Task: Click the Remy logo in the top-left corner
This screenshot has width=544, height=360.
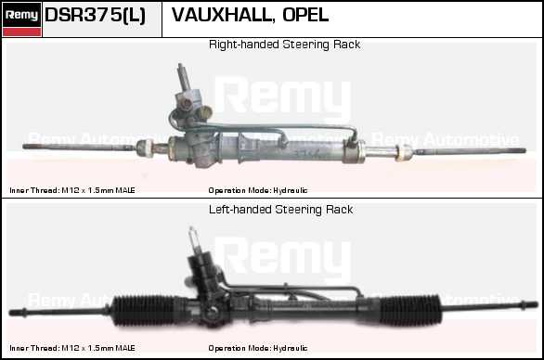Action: [21, 19]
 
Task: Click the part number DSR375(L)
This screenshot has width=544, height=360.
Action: [95, 15]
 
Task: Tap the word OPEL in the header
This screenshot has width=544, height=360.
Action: [305, 15]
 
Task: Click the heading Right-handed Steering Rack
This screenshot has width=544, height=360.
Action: [284, 45]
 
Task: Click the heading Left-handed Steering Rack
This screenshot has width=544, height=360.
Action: [280, 210]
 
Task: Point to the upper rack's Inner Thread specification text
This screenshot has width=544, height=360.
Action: [72, 190]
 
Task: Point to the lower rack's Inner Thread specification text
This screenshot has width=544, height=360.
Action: [72, 348]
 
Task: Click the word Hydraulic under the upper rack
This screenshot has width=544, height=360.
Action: [290, 190]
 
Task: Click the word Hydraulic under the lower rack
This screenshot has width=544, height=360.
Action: [290, 348]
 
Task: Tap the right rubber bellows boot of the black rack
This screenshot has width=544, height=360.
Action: [410, 310]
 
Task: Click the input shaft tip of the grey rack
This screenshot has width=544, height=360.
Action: [180, 66]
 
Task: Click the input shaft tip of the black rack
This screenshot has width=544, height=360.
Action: [191, 229]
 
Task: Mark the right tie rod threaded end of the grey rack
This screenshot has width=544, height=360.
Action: [518, 151]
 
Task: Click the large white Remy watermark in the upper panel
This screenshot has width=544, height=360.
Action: [283, 96]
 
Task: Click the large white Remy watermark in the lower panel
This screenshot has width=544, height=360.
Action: [283, 257]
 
